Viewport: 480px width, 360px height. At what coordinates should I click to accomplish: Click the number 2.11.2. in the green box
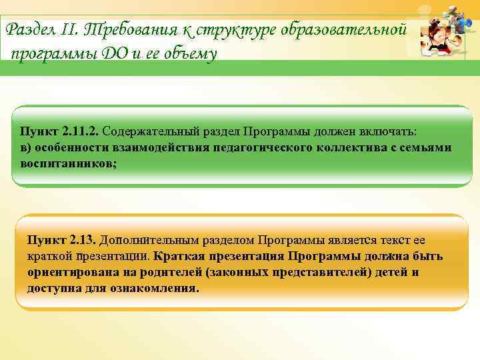79,131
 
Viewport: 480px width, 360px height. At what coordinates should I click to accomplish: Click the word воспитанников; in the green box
69,163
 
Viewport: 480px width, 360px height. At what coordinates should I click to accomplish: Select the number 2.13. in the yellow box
81,240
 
